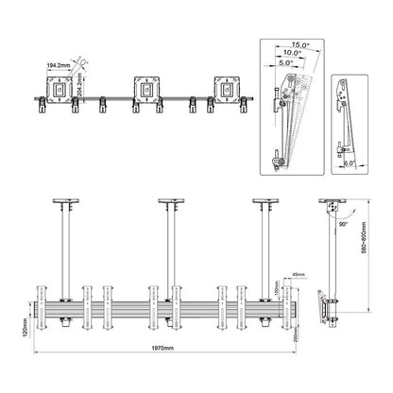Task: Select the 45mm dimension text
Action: click(298, 276)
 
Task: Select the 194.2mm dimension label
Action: click(56, 67)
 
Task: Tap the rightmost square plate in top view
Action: click(227, 89)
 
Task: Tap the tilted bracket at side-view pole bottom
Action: click(328, 308)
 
